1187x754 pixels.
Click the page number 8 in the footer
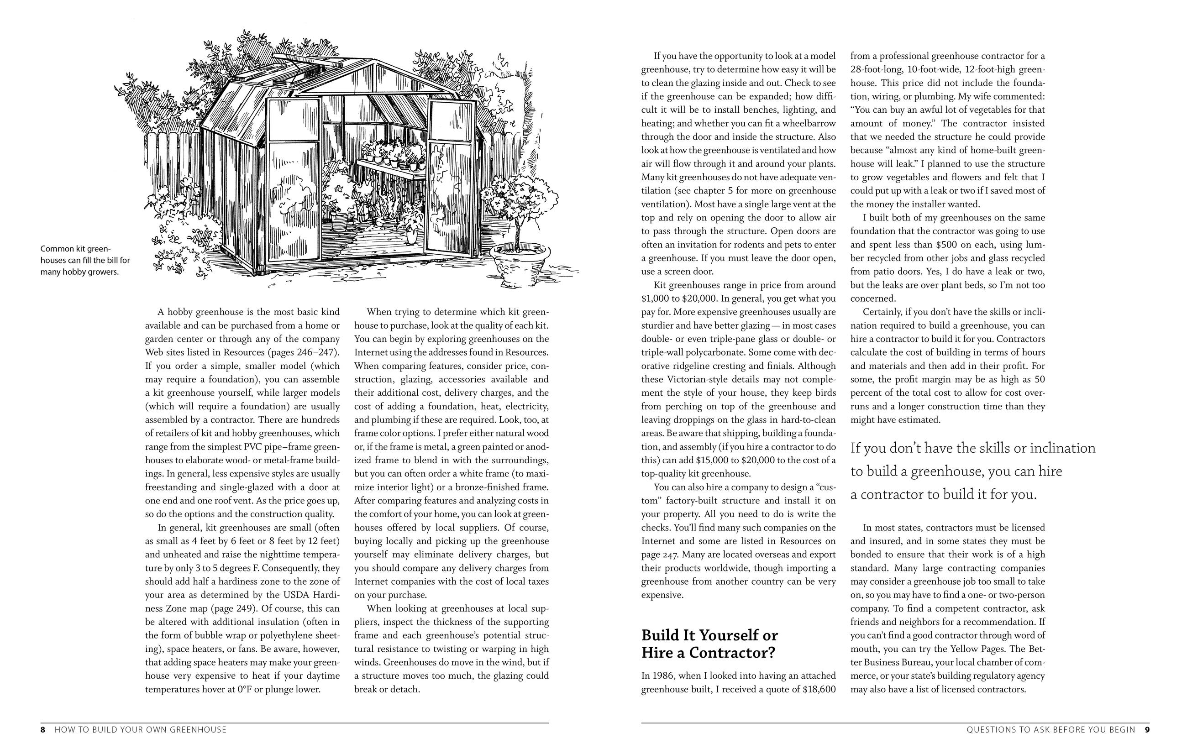(x=42, y=730)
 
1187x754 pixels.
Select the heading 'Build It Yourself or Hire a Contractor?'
(x=709, y=644)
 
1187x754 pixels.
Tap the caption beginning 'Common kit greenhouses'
(x=85, y=260)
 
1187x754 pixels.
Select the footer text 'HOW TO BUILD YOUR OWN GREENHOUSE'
(x=141, y=730)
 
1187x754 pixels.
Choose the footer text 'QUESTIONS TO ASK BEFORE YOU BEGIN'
(x=1051, y=730)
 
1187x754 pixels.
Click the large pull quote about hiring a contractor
(x=972, y=471)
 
